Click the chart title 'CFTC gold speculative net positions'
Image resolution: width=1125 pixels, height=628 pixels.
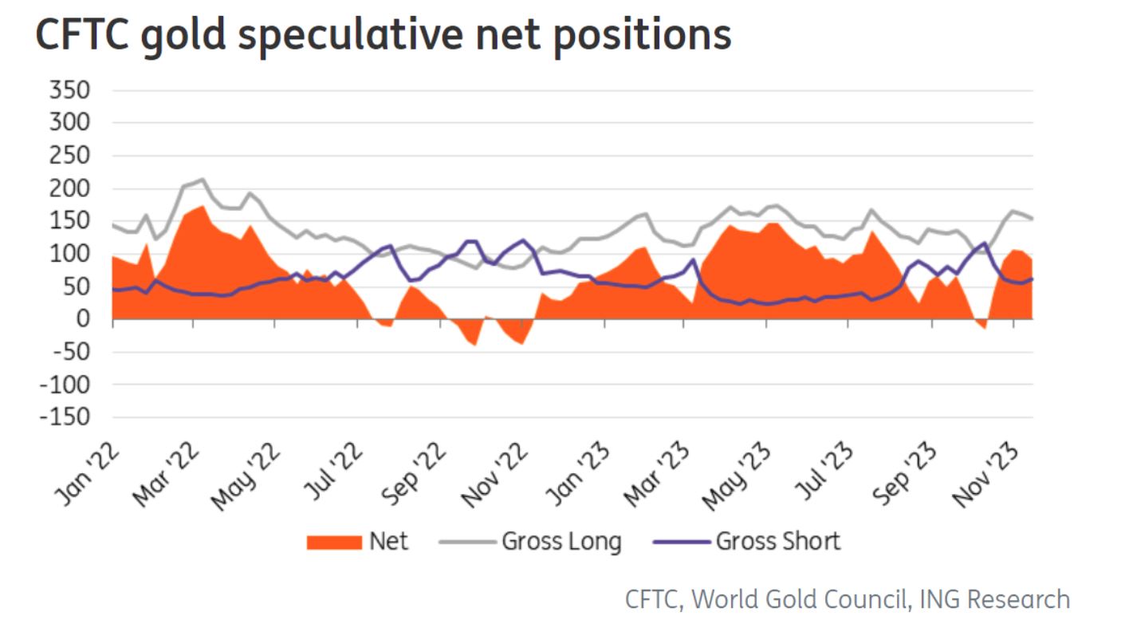[x=384, y=35]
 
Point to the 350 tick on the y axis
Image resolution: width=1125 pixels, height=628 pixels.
[x=69, y=91]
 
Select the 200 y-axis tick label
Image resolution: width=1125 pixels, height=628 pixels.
[x=69, y=189]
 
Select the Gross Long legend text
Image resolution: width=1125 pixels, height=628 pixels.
[x=561, y=542]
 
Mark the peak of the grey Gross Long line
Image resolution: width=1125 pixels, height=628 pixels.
[x=203, y=179]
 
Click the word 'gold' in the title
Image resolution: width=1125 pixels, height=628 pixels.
[x=179, y=35]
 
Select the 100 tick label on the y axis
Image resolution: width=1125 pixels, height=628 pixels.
[x=69, y=255]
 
